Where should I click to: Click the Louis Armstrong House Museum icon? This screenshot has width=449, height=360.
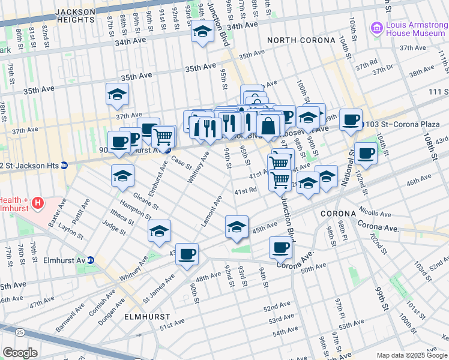pos(376,28)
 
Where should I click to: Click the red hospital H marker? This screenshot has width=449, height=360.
pos(38,203)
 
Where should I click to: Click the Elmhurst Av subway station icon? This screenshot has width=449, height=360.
pos(91,261)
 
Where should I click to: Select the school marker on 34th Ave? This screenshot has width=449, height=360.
pos(203,32)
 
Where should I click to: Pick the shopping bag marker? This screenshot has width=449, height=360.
pos(268,126)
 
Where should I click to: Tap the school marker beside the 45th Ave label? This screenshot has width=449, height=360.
pos(237,227)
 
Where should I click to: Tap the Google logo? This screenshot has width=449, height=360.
pos(20,353)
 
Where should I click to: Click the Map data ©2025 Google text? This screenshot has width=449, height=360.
pos(412,355)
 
